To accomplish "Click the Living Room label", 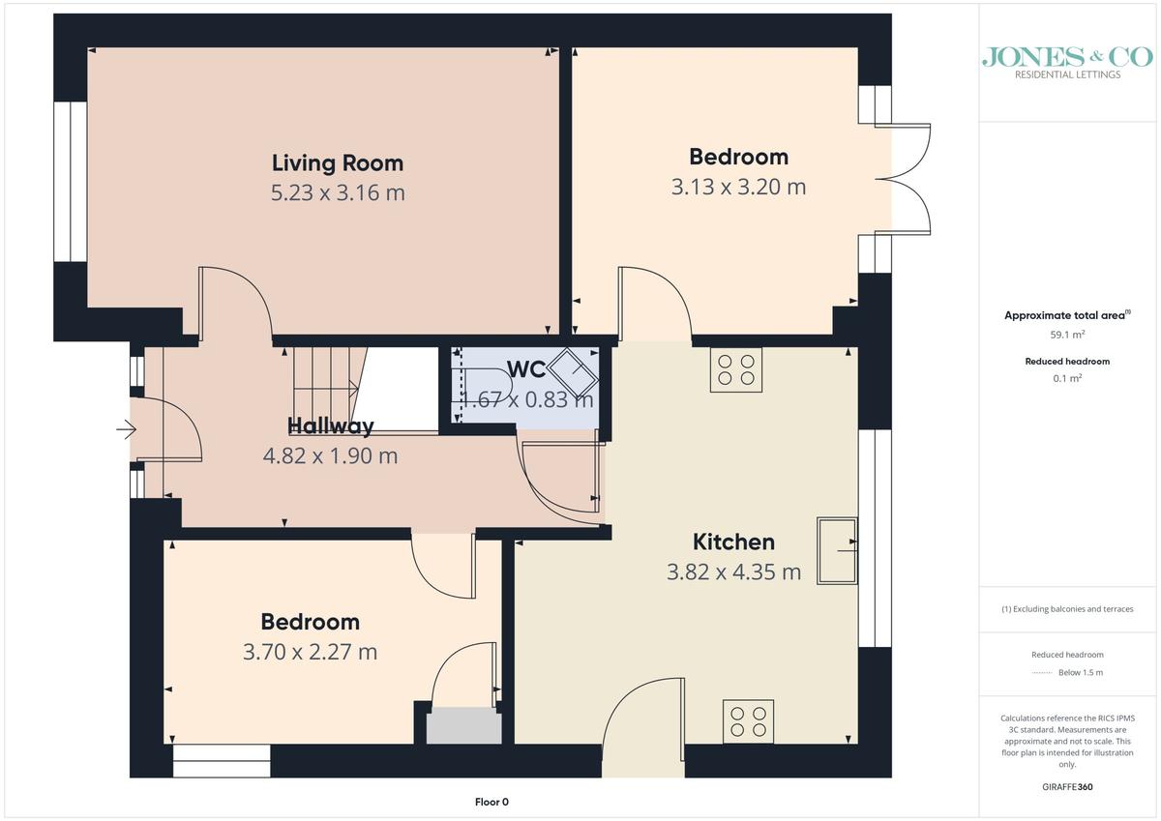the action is click(x=338, y=163).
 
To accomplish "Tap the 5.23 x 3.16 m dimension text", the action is click(x=338, y=192).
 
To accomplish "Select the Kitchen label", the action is click(x=733, y=542).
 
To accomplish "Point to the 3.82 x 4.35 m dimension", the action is click(x=733, y=572).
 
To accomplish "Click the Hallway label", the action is click(x=331, y=425).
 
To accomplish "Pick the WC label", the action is click(x=526, y=369).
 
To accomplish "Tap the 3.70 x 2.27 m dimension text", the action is click(x=310, y=652).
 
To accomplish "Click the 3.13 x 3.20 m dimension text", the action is click(x=738, y=187).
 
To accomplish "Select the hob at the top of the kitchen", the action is click(x=736, y=369).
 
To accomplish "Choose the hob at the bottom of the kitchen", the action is click(x=748, y=721).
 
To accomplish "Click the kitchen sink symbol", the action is click(x=837, y=550).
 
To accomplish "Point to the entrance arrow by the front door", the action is click(x=126, y=429).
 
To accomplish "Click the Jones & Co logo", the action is click(x=1067, y=62).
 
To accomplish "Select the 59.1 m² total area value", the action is click(x=1067, y=335).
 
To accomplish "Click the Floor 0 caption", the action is click(x=491, y=802).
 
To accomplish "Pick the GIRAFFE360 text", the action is click(x=1067, y=787).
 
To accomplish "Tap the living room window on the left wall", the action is click(x=70, y=181).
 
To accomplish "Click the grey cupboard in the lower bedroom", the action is click(x=463, y=725).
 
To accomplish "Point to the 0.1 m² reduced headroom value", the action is click(x=1067, y=378).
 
